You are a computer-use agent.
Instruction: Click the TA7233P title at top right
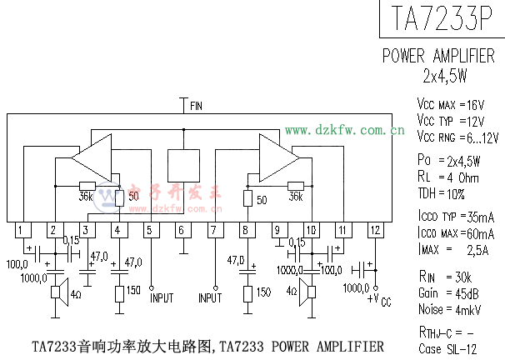coord(442,18)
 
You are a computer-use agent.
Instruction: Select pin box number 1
coord(21,230)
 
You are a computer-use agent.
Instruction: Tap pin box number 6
coord(181,230)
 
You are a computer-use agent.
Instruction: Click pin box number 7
coord(213,230)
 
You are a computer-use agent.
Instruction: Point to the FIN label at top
coord(196,106)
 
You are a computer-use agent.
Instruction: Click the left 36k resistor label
coord(85,197)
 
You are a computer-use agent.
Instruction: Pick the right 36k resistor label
coord(294,197)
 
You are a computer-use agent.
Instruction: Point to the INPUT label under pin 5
coord(162,297)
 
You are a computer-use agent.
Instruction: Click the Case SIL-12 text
coord(447,348)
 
